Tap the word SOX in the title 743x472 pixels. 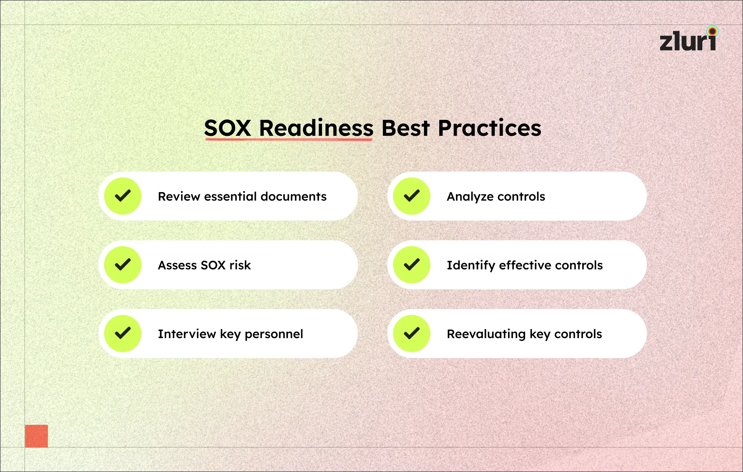(227, 128)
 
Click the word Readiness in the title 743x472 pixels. (316, 128)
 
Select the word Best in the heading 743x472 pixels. (405, 128)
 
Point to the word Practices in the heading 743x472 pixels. (489, 128)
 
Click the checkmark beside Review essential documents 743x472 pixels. (123, 196)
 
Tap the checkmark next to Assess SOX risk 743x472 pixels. (123, 265)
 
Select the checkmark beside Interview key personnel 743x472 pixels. (123, 334)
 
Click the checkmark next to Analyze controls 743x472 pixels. (411, 196)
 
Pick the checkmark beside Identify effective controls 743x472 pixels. (411, 265)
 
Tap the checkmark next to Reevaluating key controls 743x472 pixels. (411, 334)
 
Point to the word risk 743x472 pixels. (240, 265)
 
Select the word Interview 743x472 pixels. (187, 334)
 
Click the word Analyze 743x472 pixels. (470, 197)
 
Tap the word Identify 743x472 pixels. (471, 265)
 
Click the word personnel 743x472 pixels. (274, 334)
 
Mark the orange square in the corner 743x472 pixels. (37, 436)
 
